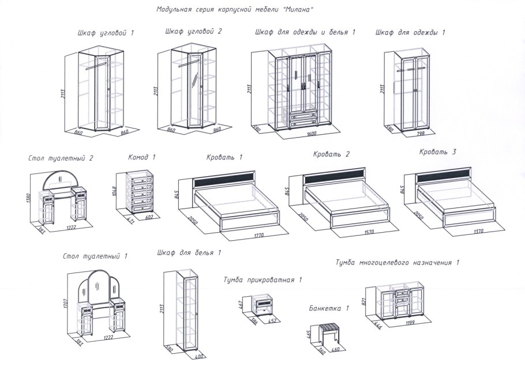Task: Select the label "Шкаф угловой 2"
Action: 193,32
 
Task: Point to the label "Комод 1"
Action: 141,157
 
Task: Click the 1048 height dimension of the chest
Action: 114,191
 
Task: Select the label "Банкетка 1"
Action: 329,308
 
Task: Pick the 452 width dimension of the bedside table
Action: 272,321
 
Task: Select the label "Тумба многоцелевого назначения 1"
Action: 397,262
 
